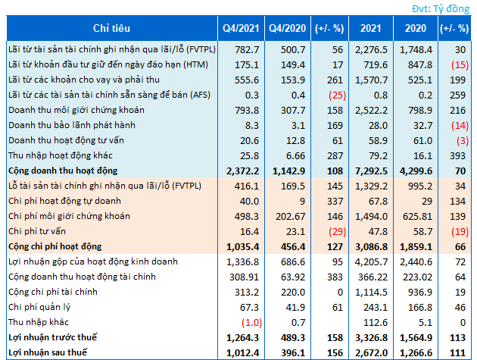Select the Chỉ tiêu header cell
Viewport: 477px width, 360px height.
(109, 28)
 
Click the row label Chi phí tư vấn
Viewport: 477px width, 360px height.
(38, 233)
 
